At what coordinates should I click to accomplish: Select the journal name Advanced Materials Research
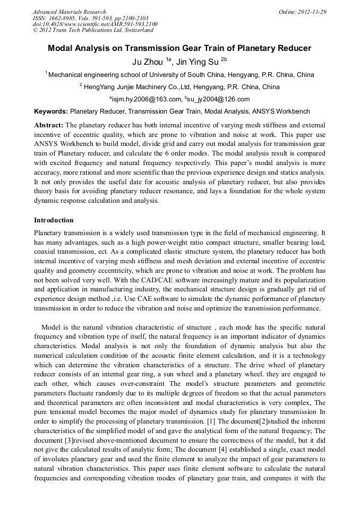coord(69,11)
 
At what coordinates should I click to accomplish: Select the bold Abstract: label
coord(48,125)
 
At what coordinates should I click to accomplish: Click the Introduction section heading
coord(54,220)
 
